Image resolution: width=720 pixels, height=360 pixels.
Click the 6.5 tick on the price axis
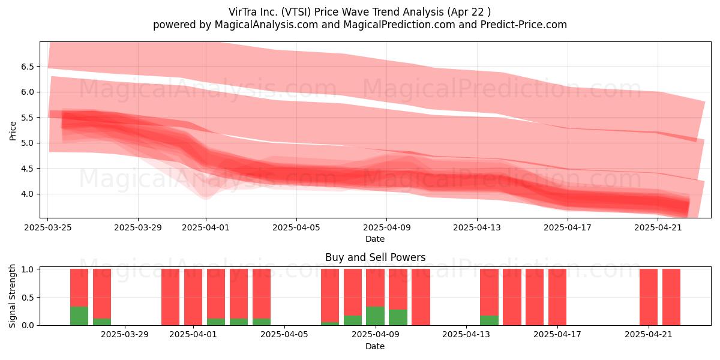pos(28,67)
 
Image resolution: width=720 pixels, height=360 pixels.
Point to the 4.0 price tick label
pos(28,194)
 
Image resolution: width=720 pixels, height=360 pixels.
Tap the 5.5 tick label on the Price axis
pos(28,118)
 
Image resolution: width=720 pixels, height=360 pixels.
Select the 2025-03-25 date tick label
pos(48,227)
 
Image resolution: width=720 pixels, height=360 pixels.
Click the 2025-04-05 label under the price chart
pos(296,227)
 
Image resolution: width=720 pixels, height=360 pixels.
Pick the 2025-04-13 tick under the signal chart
pos(466,335)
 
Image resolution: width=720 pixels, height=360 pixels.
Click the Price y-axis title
pos(13,131)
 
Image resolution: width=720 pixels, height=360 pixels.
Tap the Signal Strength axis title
pos(12,296)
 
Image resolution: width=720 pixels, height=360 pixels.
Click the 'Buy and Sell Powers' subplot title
pos(375,257)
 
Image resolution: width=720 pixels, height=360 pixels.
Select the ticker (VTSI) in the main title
pos(296,12)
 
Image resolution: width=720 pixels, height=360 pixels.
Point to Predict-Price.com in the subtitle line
pos(523,25)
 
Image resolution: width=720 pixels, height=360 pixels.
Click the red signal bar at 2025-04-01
pos(193,297)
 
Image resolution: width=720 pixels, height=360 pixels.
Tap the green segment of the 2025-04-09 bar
pos(375,316)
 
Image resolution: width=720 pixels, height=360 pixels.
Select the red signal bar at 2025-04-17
pos(557,297)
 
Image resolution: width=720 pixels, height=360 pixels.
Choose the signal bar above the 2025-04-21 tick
pos(649,297)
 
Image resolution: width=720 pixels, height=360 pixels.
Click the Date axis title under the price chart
pos(375,239)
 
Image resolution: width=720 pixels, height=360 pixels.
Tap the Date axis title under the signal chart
pos(375,346)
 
